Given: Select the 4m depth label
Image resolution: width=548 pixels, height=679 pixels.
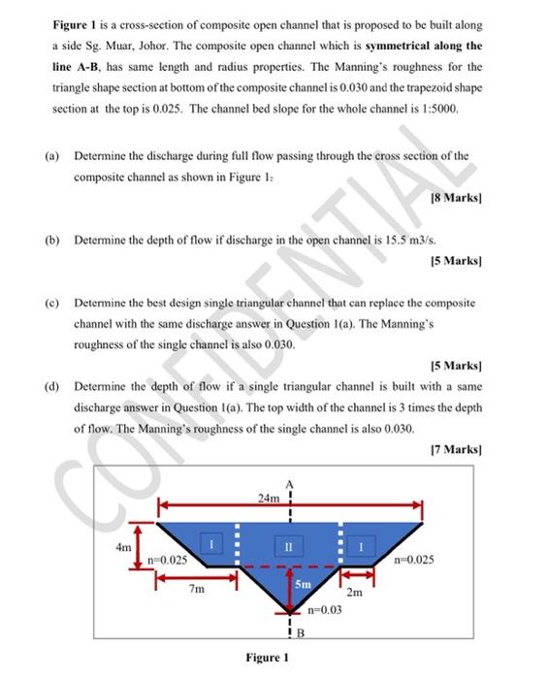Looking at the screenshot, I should click(122, 546).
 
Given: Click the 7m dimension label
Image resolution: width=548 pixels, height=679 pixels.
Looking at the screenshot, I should click(196, 589).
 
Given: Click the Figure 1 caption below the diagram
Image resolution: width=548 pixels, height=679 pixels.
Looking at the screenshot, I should click(267, 658).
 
